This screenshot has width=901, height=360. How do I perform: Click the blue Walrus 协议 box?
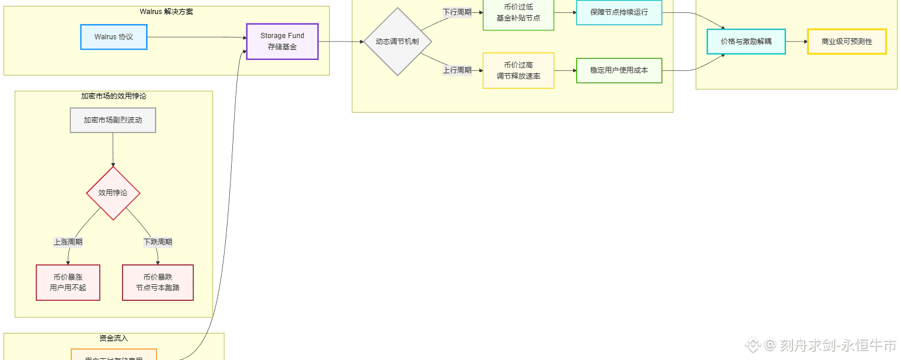tap(114, 37)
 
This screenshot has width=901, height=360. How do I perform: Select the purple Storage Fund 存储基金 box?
tap(282, 42)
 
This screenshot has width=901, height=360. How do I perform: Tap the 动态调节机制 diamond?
tap(398, 42)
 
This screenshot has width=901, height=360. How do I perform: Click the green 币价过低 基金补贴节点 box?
tap(518, 13)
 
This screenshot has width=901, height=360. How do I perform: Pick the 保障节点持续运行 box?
tap(619, 12)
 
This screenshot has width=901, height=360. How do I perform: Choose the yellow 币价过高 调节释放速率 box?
tap(518, 70)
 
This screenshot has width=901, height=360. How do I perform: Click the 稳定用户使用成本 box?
tap(619, 70)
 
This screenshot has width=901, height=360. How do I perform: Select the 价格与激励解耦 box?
tap(746, 42)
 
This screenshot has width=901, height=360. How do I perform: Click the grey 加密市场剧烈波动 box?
tap(113, 120)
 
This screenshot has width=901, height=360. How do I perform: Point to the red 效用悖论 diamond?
tap(113, 193)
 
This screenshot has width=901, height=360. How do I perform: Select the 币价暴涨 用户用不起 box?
tap(68, 283)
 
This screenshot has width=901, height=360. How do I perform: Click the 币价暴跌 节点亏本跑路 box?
tap(158, 283)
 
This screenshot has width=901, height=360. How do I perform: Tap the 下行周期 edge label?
tap(457, 12)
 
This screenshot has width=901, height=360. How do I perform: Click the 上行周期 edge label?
tap(457, 70)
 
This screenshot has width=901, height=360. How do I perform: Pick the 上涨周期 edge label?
tap(68, 242)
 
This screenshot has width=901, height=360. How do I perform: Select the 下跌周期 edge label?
tap(158, 242)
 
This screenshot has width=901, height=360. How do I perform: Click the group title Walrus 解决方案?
tap(166, 12)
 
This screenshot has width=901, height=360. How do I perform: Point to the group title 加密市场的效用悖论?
tap(113, 96)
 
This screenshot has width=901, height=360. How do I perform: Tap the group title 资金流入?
tap(113, 338)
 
